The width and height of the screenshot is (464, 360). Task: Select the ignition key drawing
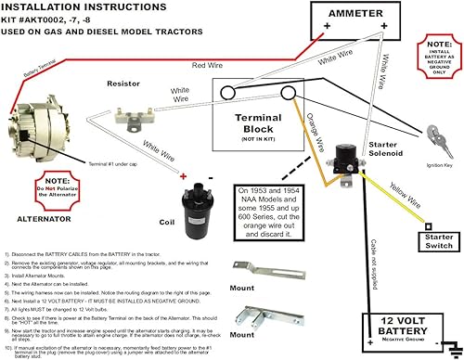pos(435,139)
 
